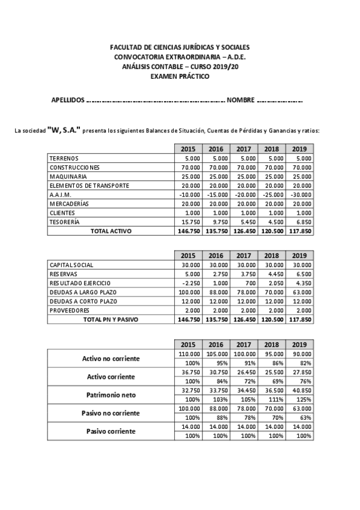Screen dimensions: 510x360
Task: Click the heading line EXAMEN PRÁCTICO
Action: (180, 77)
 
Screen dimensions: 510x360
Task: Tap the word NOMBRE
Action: (240, 100)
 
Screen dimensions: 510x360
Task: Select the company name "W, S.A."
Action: (63, 130)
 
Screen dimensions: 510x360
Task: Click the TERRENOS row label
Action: (64, 158)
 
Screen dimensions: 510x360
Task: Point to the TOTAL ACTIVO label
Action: (111, 230)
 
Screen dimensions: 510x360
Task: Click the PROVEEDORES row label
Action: (70, 310)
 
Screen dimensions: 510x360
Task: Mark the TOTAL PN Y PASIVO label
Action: (111, 319)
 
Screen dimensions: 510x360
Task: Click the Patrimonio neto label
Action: (110, 395)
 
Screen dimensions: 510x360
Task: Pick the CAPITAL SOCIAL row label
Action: (72, 265)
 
